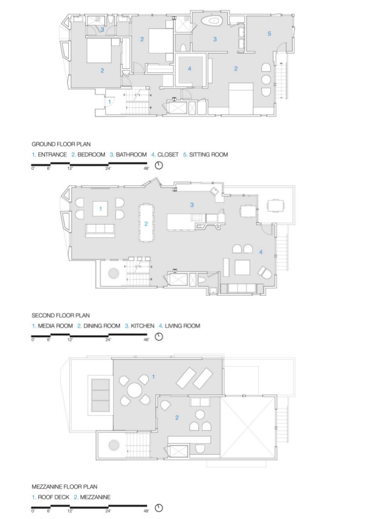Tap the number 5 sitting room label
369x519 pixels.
[269, 33]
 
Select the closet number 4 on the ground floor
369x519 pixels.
[189, 68]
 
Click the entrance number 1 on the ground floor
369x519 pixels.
[110, 102]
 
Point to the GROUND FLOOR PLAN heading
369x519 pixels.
[61, 144]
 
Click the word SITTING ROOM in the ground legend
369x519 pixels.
[208, 155]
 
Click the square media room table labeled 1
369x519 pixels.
[100, 208]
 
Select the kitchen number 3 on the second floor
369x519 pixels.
[192, 205]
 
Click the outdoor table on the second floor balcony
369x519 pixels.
[276, 205]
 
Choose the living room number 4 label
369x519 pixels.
[261, 252]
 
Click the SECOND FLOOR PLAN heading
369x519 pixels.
[61, 316]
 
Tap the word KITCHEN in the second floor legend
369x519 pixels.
[143, 326]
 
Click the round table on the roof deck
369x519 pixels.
[135, 390]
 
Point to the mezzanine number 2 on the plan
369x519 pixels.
[177, 418]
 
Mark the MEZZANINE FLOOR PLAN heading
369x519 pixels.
[64, 487]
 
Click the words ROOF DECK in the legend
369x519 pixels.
[54, 497]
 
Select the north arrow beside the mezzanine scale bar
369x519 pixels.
[159, 508]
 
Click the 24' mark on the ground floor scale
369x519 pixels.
[108, 168]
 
